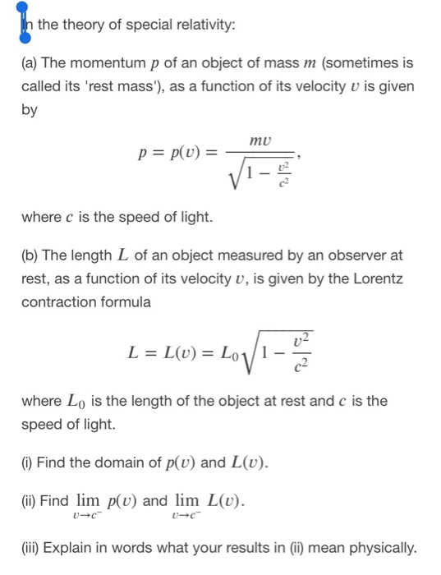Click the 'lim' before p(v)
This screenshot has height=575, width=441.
(88, 500)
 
